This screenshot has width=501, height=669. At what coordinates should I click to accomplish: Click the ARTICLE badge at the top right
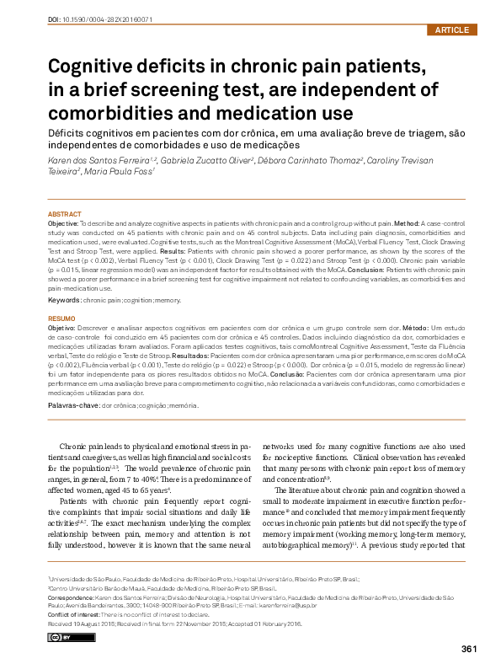tap(452, 30)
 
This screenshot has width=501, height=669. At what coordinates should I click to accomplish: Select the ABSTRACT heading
tap(65, 215)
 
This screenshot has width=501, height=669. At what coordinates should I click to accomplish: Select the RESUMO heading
tap(61, 318)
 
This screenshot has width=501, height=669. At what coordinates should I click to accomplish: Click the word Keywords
tap(65, 299)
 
